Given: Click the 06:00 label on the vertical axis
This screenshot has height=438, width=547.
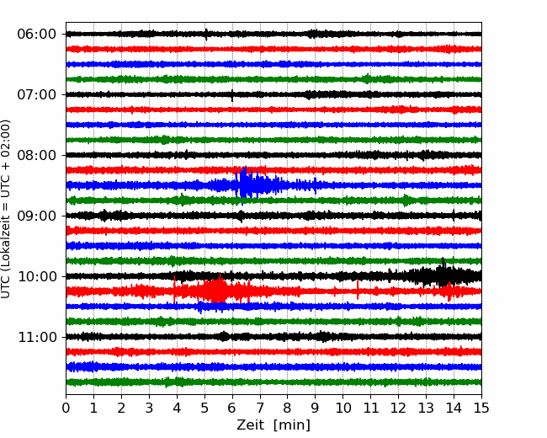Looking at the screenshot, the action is coord(37,35).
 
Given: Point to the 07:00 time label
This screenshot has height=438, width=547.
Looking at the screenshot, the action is coord(37,94).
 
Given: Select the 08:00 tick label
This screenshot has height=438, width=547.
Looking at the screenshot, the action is coord(37,155).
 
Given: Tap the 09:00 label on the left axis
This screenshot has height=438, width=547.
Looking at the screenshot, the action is coord(37,216).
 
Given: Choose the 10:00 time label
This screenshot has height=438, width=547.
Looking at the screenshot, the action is coord(37,276).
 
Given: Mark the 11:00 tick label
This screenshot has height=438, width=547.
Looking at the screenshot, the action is coord(37,337).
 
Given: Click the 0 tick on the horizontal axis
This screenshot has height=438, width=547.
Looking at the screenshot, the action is coord(66,408).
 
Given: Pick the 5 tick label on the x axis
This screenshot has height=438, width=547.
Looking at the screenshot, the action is coord(204,408).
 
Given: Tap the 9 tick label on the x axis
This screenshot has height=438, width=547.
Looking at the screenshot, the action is coord(315,408).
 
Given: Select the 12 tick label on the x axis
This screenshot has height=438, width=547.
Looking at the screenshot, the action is coord(398,408).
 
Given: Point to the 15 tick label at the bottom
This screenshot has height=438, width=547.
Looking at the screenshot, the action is coord(481,408).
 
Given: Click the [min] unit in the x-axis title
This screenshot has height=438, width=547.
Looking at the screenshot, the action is coord(292,425).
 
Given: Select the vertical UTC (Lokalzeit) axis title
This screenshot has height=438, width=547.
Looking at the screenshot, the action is coord(5,209).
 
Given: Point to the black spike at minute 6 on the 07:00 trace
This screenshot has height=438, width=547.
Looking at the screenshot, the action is coord(232,95).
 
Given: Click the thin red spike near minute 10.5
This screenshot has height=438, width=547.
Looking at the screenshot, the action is coord(358,290).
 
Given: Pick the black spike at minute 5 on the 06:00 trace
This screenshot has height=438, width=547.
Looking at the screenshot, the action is coord(206,35).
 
